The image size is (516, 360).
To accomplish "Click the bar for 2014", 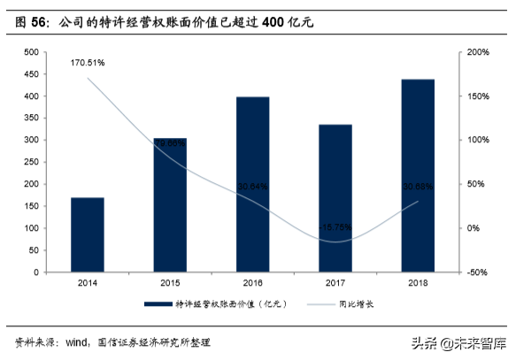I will coord(88,234).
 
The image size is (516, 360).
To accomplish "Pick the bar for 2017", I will coord(335,198).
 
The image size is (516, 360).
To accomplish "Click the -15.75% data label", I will coord(335,226).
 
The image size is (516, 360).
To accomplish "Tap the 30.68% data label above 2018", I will coord(418,187).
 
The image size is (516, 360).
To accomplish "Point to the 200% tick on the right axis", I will coord(477,52).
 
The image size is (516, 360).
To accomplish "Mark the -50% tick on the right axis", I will coord(477,272).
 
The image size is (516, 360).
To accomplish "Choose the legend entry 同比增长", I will coord(354,304).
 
